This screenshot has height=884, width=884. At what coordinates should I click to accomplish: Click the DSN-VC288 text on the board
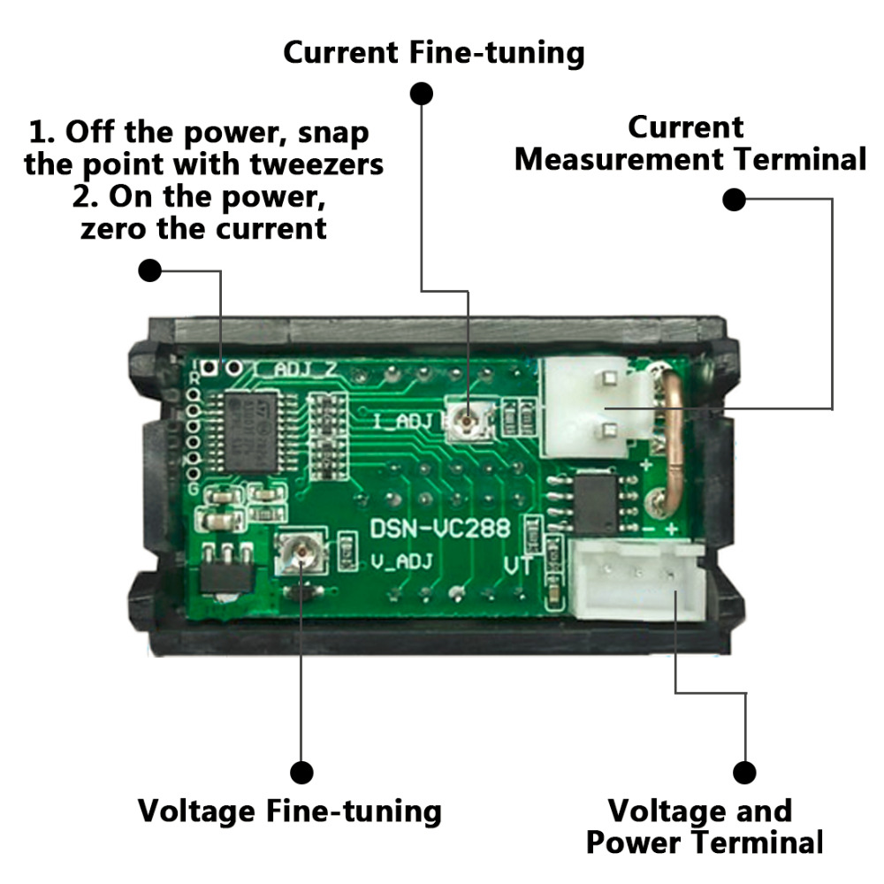pos(439,529)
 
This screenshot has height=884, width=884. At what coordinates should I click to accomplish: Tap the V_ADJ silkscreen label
pos(397,562)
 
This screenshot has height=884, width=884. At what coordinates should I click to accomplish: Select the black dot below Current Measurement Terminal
pos(735,200)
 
